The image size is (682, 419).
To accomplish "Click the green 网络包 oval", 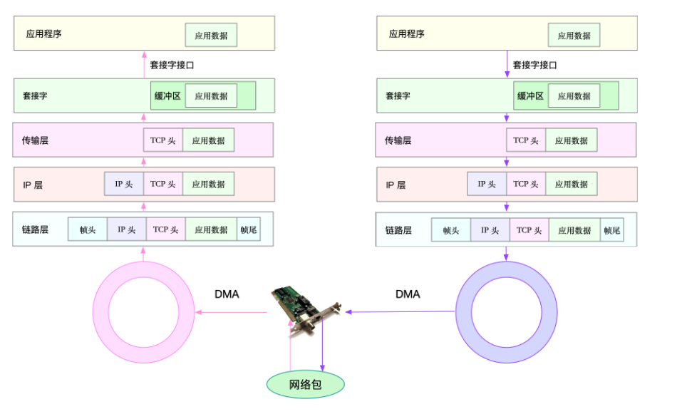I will (x=305, y=385).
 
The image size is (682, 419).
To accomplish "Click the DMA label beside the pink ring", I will (x=227, y=294).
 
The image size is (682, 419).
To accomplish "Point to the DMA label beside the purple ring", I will (x=408, y=294).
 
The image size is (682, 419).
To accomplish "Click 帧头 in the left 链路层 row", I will (x=88, y=229).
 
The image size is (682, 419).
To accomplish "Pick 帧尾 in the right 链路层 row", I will (x=611, y=229).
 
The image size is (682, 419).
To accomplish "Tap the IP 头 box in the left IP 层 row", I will (x=124, y=184).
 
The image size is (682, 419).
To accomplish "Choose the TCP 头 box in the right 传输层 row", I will (x=526, y=140).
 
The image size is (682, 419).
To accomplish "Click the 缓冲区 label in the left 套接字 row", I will (x=167, y=95).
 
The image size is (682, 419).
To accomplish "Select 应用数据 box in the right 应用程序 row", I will (x=574, y=35).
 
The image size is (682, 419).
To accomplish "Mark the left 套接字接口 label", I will (x=172, y=65).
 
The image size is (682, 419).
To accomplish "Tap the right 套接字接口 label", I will (x=535, y=65).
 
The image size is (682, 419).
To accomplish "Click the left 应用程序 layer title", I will (x=44, y=33).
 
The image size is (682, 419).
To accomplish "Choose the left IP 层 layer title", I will (x=33, y=185).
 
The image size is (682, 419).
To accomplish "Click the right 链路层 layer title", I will (x=398, y=230).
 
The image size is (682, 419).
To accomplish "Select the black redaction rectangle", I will (x=578, y=389).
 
